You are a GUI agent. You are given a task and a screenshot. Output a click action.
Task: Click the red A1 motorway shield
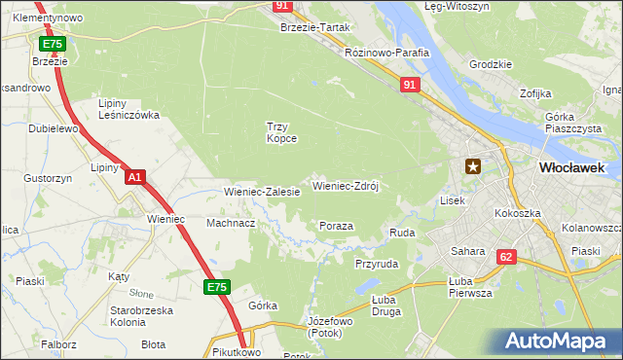pyautogui.click(x=135, y=176)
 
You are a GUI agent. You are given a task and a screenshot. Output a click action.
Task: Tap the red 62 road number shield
pyautogui.click(x=505, y=257)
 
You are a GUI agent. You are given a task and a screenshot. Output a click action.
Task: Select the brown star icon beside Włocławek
pyautogui.click(x=473, y=166)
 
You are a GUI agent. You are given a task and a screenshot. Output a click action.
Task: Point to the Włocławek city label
pyautogui.click(x=571, y=167)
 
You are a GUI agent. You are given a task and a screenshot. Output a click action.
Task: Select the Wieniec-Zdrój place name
pyautogui.click(x=350, y=185)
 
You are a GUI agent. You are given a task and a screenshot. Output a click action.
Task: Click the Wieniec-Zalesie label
pyautogui.click(x=262, y=193)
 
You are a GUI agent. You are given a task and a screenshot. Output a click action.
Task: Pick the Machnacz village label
pyautogui.click(x=231, y=223)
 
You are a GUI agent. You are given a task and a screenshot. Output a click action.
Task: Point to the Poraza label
pyautogui.click(x=336, y=226)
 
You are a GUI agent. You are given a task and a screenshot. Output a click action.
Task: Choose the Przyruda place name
pyautogui.click(x=377, y=264)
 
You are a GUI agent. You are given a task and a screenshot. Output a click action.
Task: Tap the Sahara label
pyautogui.click(x=467, y=251)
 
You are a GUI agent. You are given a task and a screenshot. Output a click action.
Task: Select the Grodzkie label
pyautogui.click(x=490, y=64)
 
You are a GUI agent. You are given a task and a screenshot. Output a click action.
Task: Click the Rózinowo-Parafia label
pyautogui.click(x=387, y=53)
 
